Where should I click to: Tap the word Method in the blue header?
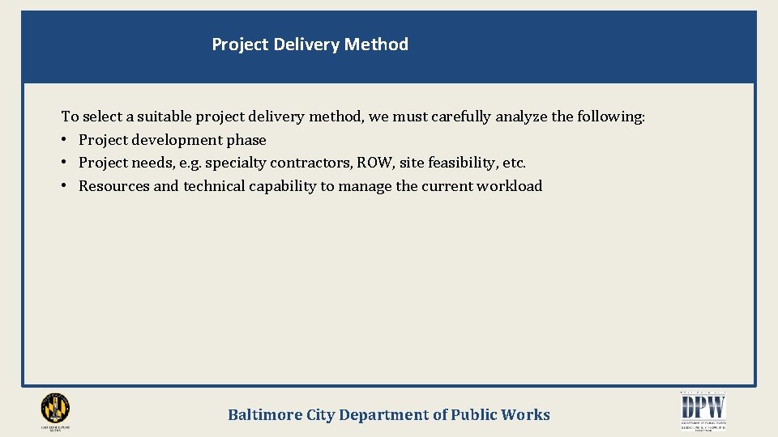376,45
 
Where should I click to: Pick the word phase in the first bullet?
246,140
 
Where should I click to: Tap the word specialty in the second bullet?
235,163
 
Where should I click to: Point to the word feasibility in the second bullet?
460,163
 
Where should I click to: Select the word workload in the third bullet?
510,186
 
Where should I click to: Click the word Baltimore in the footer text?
264,415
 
